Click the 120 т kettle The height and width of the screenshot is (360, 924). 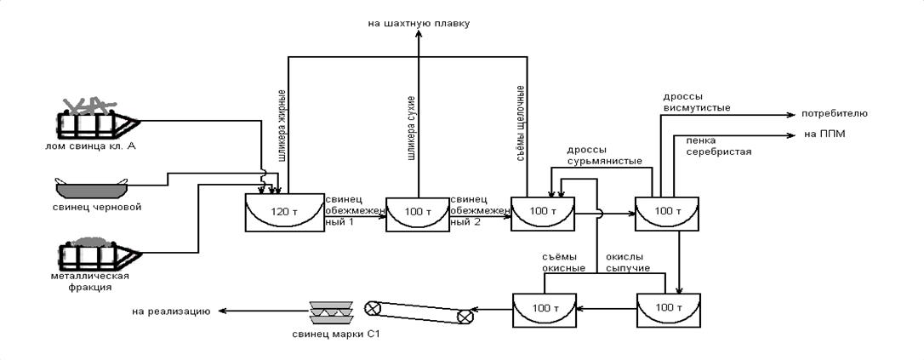(277, 213)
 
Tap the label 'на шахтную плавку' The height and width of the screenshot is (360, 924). (419, 23)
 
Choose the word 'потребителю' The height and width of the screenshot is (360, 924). (834, 112)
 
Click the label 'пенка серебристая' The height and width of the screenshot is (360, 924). (719, 146)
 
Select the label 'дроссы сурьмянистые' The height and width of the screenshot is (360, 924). (605, 156)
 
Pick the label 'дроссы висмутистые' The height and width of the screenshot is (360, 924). (696, 102)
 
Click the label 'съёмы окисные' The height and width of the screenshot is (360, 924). (563, 262)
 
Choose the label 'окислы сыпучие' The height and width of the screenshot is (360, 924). (628, 262)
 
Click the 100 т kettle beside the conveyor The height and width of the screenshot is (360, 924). (544, 310)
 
